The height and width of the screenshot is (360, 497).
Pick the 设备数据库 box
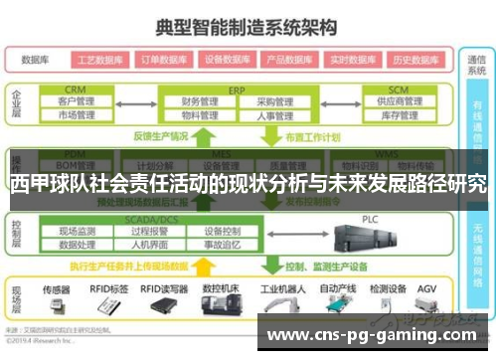pos(229,59)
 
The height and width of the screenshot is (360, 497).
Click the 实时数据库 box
pos(353,59)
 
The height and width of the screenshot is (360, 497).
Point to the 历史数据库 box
pos(414,59)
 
